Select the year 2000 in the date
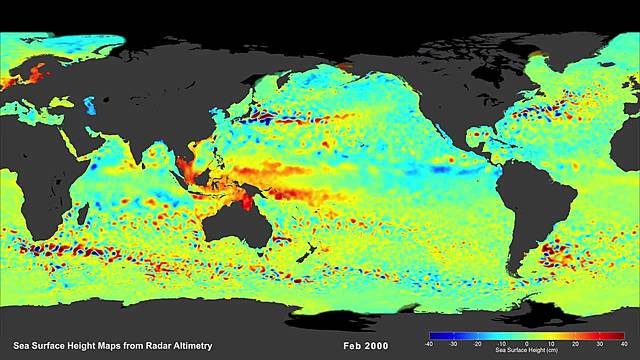point(375,346)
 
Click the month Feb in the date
point(351,346)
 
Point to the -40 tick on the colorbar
point(429,342)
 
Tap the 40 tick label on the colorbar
point(595,342)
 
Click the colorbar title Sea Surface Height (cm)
point(512,351)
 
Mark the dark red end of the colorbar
point(592,335)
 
